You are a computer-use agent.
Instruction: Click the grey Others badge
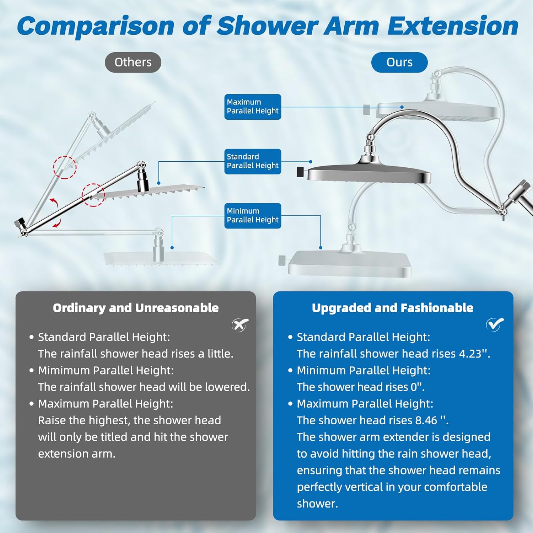click(x=133, y=63)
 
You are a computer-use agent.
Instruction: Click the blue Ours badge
click(x=399, y=63)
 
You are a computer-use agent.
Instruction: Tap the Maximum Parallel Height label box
click(x=253, y=107)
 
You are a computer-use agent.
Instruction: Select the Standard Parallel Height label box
click(x=253, y=161)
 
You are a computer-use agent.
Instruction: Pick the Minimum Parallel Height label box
click(x=253, y=216)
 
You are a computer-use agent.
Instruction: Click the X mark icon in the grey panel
click(x=240, y=325)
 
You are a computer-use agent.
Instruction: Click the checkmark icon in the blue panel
click(x=495, y=324)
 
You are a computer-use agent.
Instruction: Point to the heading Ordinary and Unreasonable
click(x=136, y=308)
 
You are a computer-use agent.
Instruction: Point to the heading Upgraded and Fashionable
click(x=393, y=308)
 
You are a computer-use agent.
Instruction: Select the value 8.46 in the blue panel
click(x=426, y=420)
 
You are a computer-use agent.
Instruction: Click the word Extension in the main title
click(x=453, y=26)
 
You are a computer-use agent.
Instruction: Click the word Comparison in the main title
click(x=96, y=26)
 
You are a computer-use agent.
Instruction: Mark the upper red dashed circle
click(x=65, y=167)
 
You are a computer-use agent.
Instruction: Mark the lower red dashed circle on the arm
click(x=93, y=195)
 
